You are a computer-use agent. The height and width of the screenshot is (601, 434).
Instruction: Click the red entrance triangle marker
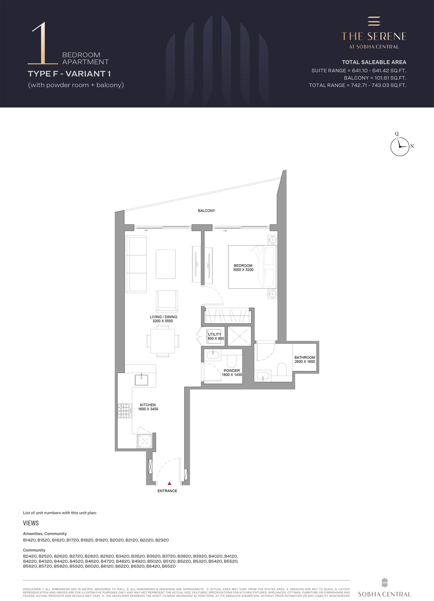point(170,483)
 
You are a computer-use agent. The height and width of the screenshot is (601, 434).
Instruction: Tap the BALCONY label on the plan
point(206,211)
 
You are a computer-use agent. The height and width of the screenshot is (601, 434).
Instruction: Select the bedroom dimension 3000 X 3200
point(243,270)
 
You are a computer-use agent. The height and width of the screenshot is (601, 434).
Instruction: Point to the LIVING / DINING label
point(163,317)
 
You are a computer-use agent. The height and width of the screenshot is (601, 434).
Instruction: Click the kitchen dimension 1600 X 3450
point(148,409)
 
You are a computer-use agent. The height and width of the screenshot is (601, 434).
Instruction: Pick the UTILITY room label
point(214,334)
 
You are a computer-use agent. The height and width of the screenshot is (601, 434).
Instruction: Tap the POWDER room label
point(232,370)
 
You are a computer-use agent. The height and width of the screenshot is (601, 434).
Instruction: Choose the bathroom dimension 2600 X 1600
point(305,361)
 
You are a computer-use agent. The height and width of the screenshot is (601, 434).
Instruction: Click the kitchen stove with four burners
point(124,411)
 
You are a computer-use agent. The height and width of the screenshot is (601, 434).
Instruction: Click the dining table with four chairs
point(163,341)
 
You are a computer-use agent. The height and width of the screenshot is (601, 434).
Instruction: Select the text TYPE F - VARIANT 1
point(69,74)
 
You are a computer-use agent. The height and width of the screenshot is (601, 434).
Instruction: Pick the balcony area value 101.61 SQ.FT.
point(389,78)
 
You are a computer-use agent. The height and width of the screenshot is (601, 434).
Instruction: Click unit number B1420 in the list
point(30,540)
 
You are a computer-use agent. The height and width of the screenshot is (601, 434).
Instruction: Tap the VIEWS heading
point(31,523)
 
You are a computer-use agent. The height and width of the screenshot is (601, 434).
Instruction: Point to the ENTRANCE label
point(167,491)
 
